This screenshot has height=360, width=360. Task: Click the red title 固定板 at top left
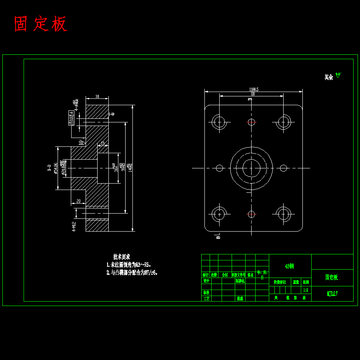coord(40,24)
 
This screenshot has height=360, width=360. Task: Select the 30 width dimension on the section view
coord(97,97)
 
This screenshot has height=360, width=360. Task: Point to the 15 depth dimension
coord(103,143)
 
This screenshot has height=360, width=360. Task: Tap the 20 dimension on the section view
coord(78,201)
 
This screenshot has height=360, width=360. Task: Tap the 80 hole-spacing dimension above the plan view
coord(253,94)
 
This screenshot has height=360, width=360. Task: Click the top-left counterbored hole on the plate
coord(219,122)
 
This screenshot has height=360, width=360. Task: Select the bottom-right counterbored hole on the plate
coord(284,214)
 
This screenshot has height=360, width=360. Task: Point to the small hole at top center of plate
coord(251,122)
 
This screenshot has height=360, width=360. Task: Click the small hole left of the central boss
coord(219,168)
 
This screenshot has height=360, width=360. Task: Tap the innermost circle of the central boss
coord(251,168)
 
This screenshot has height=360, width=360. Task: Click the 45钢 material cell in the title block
coord(290,266)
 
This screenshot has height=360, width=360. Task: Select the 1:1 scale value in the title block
coord(306,290)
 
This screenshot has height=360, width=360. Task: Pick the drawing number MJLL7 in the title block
coord(332,294)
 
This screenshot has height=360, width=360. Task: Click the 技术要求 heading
coord(122,257)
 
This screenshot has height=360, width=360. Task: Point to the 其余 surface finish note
coord(329,77)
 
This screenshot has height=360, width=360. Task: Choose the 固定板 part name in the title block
coord(332,278)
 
